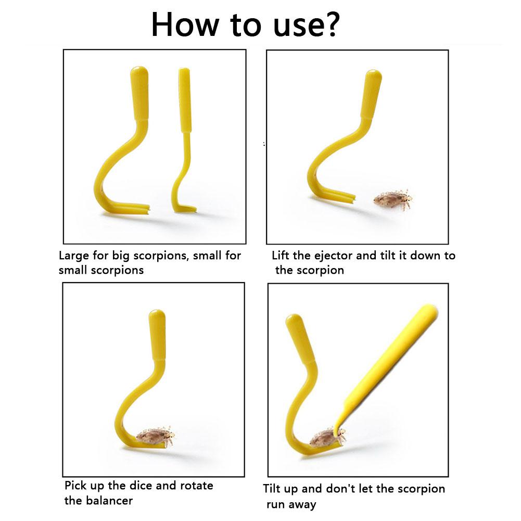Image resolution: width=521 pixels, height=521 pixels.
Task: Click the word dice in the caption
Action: point(141,486)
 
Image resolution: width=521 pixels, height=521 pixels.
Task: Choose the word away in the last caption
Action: point(302,505)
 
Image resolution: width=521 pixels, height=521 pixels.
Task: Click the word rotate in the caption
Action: point(196,486)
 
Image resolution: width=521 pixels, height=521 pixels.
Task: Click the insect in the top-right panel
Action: point(393,199)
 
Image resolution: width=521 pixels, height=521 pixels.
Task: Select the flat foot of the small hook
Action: point(186,209)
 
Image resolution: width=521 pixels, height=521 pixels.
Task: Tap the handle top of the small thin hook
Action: point(184,71)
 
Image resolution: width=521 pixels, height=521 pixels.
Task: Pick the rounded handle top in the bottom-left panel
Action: point(157,315)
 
